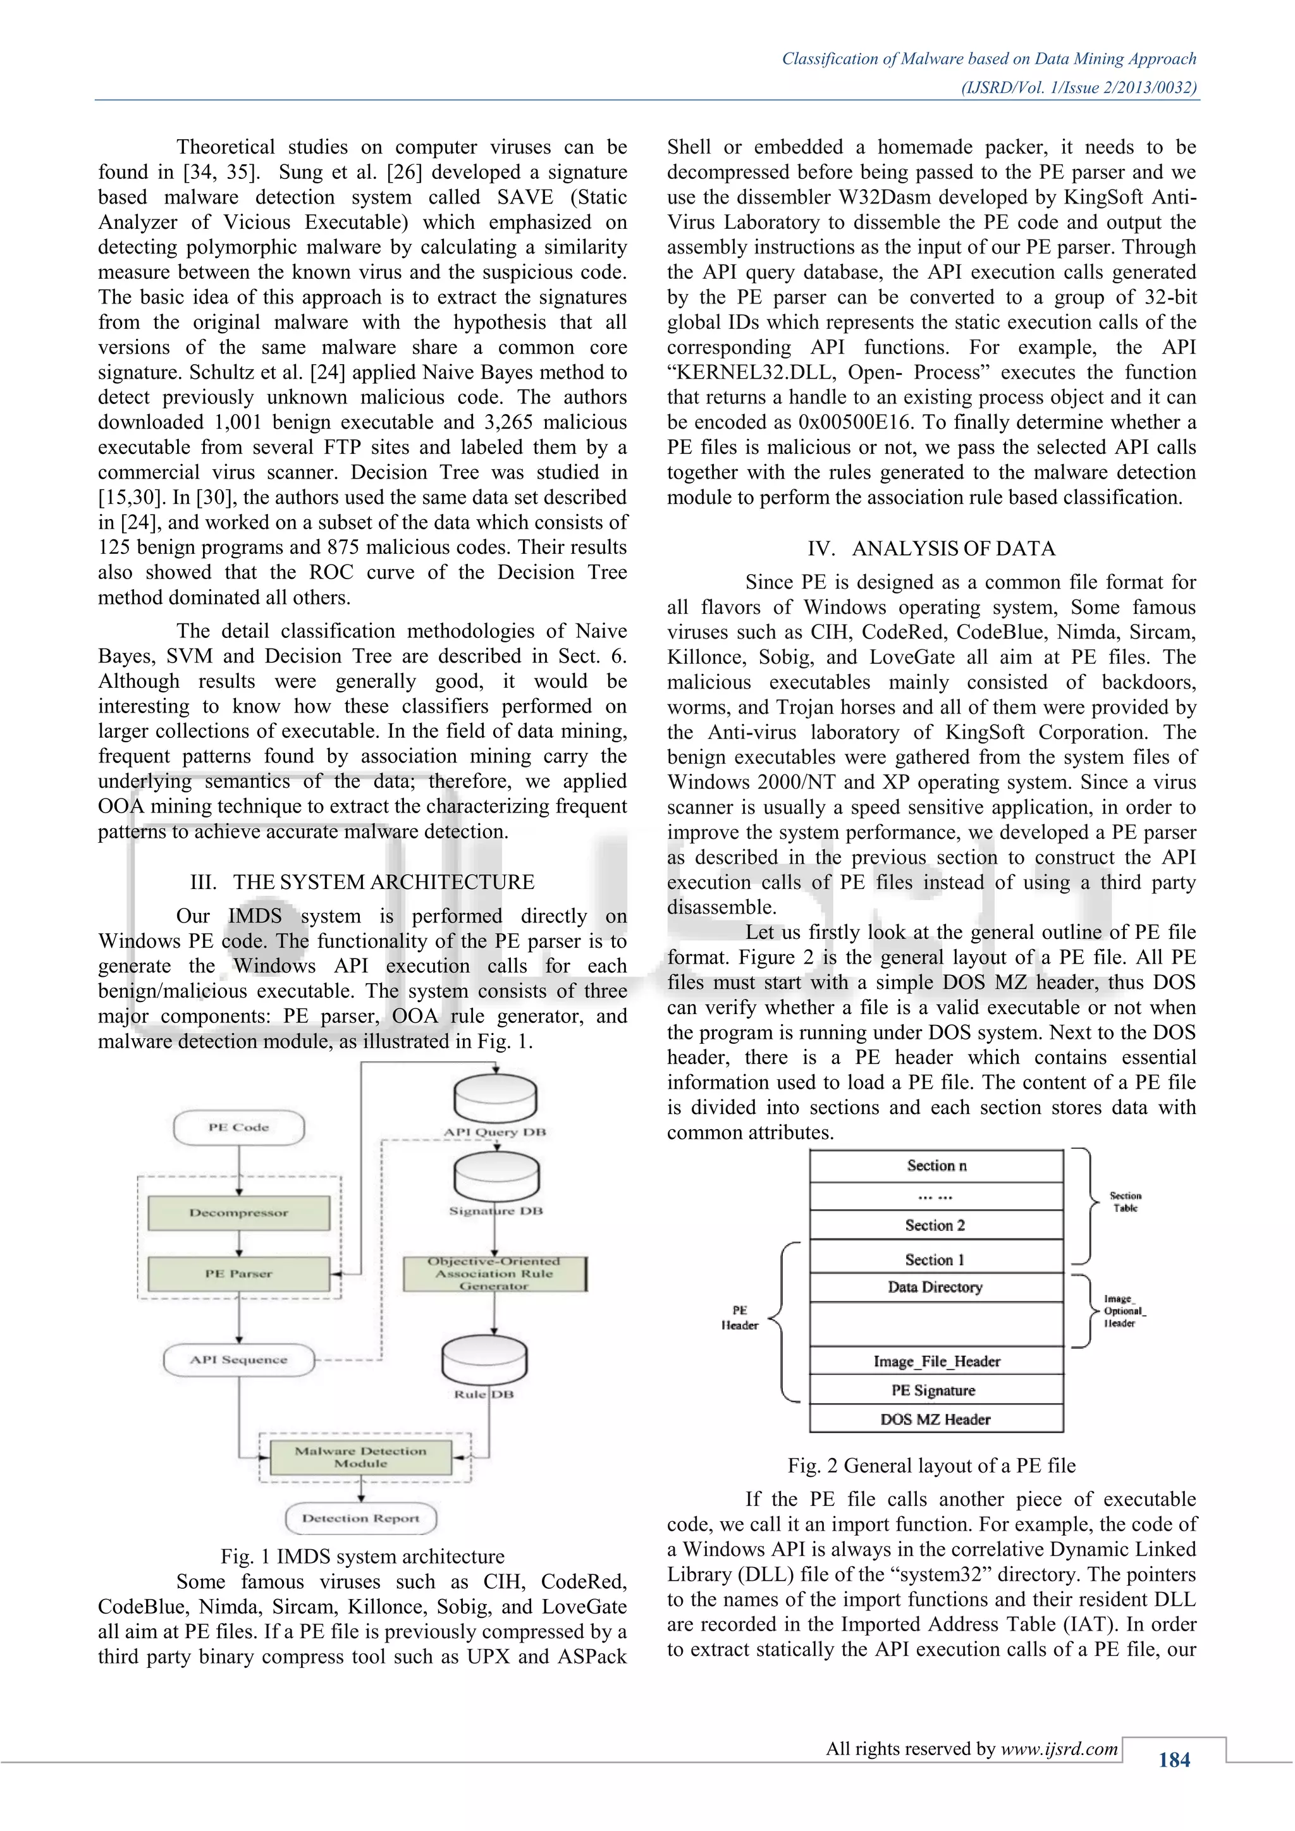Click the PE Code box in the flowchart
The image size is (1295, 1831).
238,1128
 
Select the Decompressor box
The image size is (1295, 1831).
238,1213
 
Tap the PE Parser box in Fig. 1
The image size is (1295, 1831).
238,1273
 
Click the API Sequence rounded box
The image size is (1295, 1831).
238,1360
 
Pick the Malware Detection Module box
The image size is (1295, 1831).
360,1457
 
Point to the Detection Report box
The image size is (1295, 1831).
360,1519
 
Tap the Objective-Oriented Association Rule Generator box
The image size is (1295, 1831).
494,1273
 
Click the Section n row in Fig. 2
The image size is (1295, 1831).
936,1166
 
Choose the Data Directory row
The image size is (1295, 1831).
936,1287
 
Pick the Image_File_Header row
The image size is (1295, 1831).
936,1361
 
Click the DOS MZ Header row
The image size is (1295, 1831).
936,1419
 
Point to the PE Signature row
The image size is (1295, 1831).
936,1390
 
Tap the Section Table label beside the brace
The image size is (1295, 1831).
1125,1202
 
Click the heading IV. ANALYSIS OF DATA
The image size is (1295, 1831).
931,549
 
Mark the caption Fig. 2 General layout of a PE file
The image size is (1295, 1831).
931,1466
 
